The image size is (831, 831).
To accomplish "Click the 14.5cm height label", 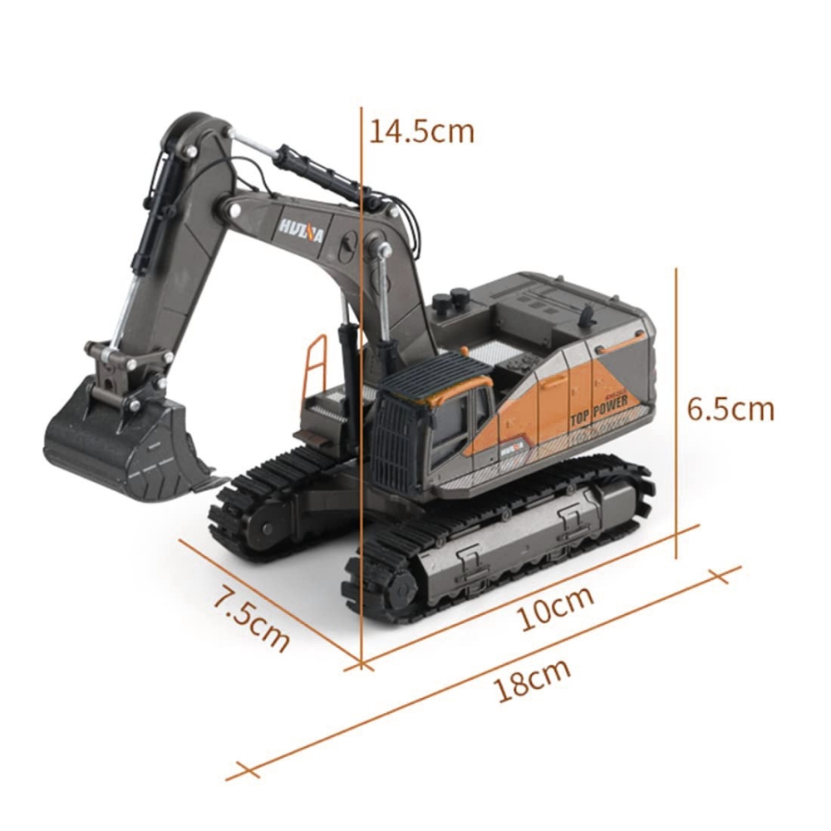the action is coord(421,132).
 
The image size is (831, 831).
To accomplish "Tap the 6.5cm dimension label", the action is coord(730,409).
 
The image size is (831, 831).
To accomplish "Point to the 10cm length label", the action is coord(556,608).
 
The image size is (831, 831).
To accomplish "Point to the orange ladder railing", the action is coord(315,366).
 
